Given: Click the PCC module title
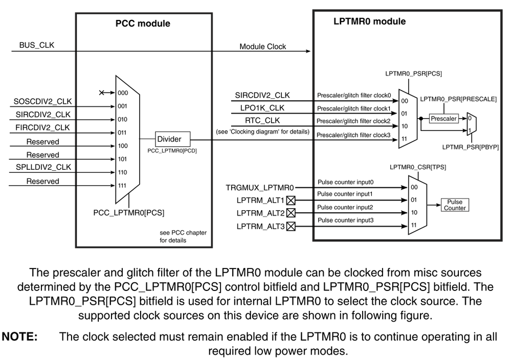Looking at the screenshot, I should pyautogui.click(x=143, y=24).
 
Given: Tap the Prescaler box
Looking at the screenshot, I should pyautogui.click(x=443, y=119).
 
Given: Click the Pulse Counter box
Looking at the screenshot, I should pyautogui.click(x=455, y=205).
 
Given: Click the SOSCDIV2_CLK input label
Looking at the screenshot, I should pyautogui.click(x=42, y=102).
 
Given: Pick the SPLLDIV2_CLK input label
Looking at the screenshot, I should pyautogui.click(x=42, y=167).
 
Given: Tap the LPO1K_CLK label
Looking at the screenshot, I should pyautogui.click(x=262, y=108).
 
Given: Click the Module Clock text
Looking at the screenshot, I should pyautogui.click(x=263, y=47).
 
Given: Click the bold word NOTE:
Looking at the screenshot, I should pyautogui.click(x=20, y=336).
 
